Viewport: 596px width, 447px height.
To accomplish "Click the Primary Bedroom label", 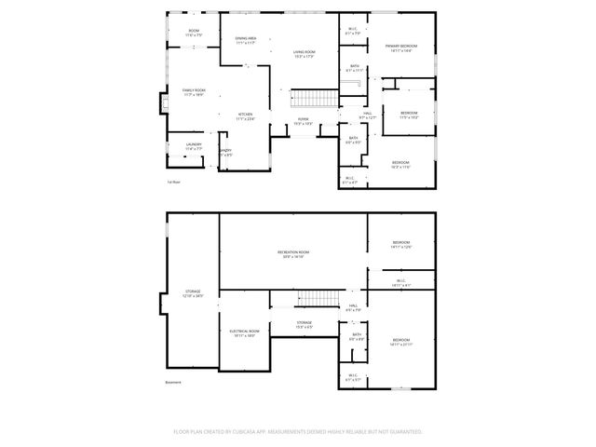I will click(401, 47).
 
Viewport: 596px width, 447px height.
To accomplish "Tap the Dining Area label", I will click(246, 39).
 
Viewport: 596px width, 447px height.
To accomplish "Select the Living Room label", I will click(303, 52).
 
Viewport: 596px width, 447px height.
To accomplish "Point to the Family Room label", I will click(194, 90).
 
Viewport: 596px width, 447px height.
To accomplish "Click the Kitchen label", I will click(245, 115).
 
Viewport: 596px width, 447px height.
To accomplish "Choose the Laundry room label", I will click(193, 144).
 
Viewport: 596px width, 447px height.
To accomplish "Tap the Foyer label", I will click(303, 119).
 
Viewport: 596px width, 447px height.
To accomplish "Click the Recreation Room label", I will click(293, 253).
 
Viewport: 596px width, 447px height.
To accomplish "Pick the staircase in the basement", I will click(318, 299).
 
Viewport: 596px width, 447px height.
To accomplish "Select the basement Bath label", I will click(356, 335).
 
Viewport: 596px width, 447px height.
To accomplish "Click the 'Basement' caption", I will click(174, 382).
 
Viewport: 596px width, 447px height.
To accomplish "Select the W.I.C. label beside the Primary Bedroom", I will click(354, 30).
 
